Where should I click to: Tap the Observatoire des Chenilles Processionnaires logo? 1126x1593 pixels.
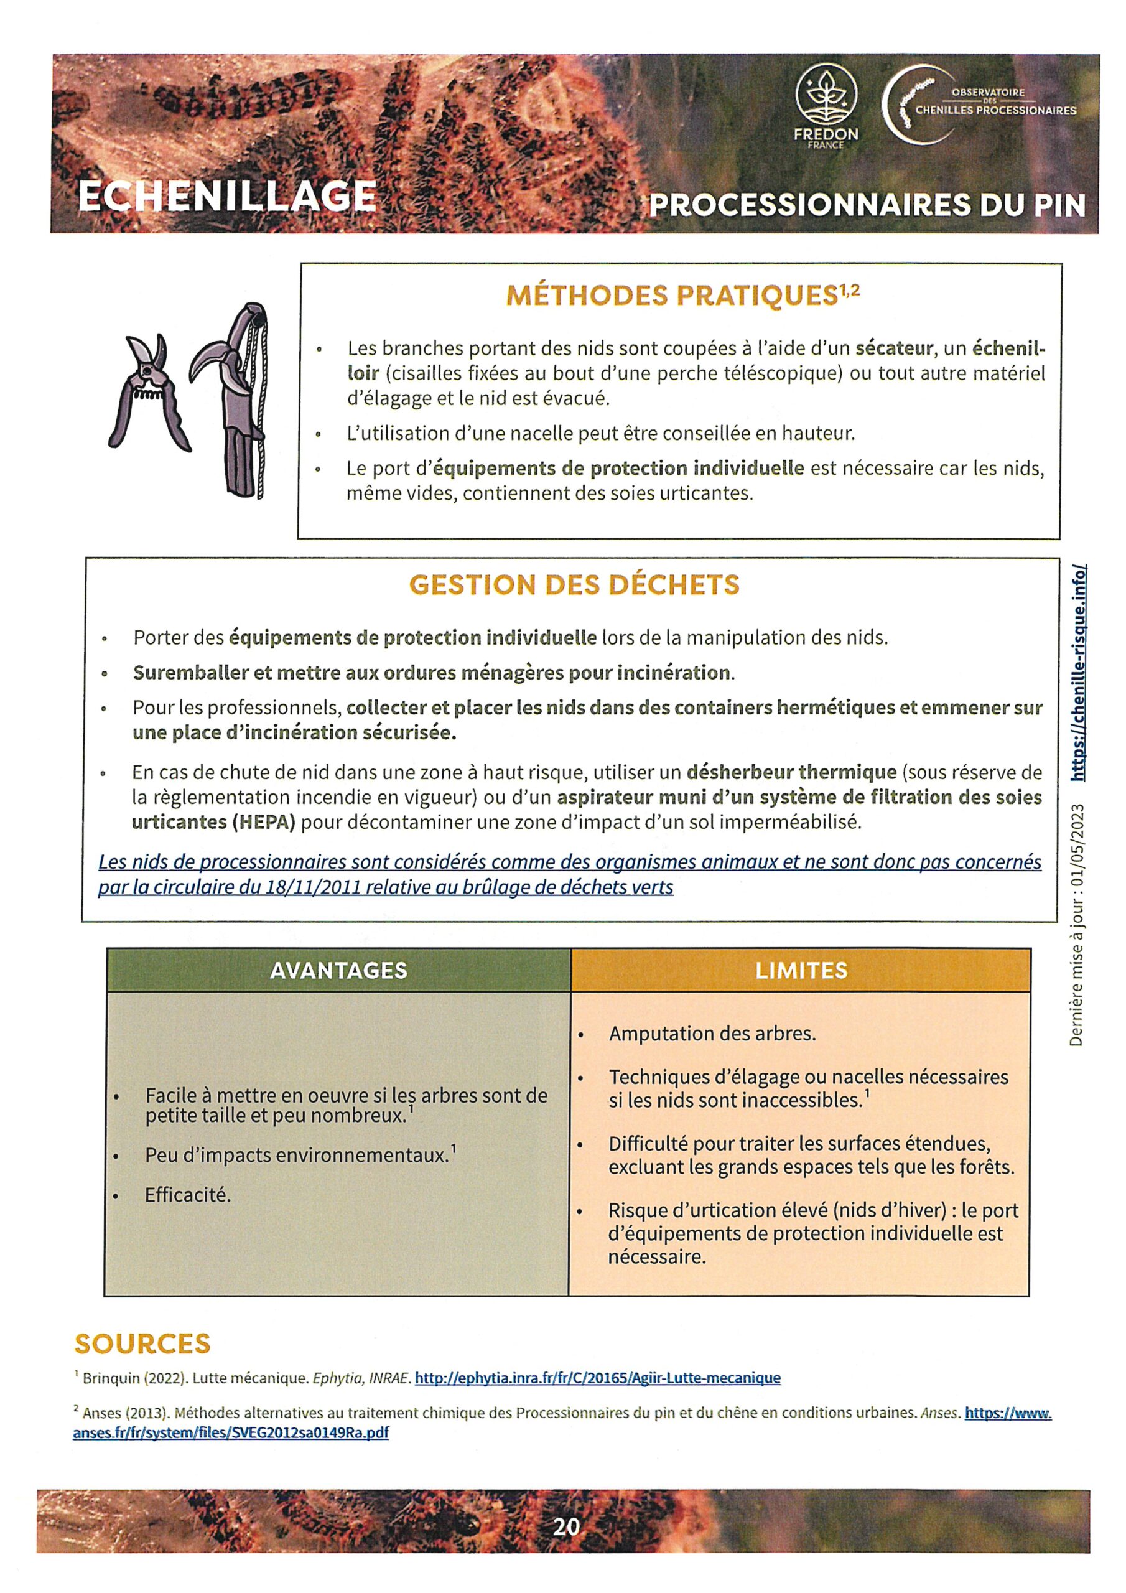pos(978,104)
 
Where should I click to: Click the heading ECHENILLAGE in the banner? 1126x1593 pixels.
pos(227,197)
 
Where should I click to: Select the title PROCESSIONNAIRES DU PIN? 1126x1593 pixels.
pos(867,205)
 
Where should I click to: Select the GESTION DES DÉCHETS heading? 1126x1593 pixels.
pos(574,585)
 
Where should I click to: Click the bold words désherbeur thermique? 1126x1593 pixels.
pos(791,772)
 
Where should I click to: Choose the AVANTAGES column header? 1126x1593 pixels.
pos(338,970)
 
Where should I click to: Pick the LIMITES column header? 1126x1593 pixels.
pos(801,970)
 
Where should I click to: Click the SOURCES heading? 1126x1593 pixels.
pos(142,1344)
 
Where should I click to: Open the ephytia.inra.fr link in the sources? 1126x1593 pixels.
pos(597,1378)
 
